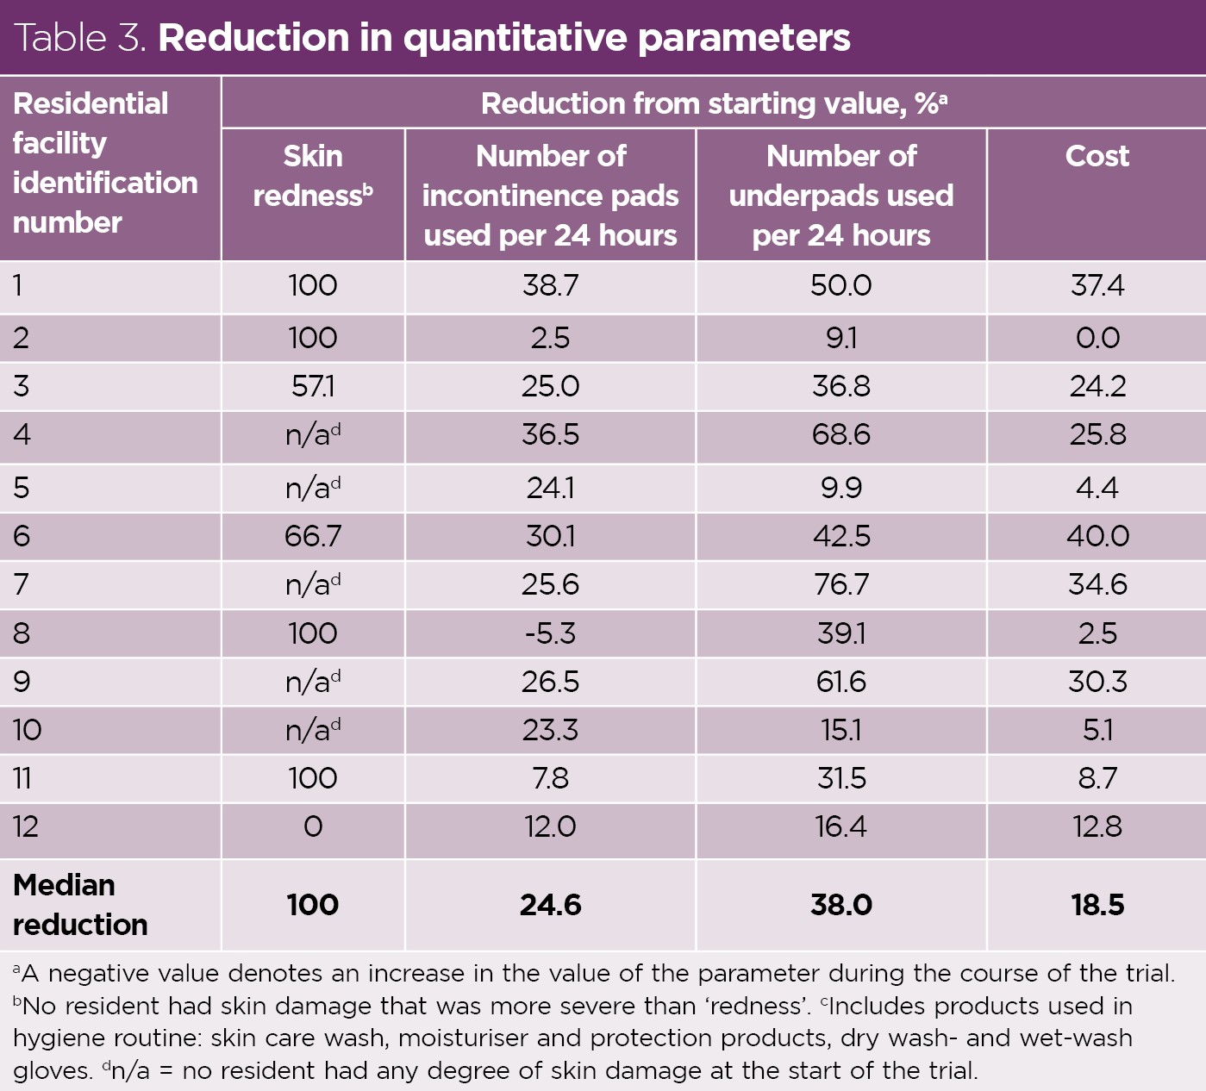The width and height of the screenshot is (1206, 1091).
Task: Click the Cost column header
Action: (1097, 156)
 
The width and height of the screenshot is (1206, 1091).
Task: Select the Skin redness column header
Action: (313, 176)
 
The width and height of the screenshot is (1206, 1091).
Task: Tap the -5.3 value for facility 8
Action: (550, 633)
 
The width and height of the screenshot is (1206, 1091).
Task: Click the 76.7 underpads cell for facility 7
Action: (840, 584)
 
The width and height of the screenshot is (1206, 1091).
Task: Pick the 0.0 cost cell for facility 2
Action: (1097, 338)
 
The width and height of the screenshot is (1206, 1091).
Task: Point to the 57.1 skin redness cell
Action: (313, 386)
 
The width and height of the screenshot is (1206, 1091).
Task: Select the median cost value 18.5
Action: (1097, 905)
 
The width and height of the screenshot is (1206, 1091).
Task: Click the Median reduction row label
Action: (80, 905)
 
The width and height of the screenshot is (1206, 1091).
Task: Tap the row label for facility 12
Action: (26, 827)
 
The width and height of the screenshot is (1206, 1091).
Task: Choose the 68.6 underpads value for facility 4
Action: (840, 434)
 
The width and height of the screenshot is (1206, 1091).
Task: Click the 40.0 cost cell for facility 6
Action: (1097, 536)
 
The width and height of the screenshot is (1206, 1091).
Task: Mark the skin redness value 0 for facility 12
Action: (313, 827)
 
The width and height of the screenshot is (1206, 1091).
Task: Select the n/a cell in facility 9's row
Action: (313, 682)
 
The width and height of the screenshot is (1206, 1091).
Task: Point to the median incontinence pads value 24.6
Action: (550, 905)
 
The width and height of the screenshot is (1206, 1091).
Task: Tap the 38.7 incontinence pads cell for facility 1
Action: (550, 285)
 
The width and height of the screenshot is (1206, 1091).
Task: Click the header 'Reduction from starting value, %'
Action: (713, 103)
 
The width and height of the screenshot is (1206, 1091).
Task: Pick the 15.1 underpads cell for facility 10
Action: (840, 730)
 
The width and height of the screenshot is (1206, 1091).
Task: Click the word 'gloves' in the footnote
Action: (51, 1071)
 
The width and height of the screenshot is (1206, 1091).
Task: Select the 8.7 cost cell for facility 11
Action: (1097, 778)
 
